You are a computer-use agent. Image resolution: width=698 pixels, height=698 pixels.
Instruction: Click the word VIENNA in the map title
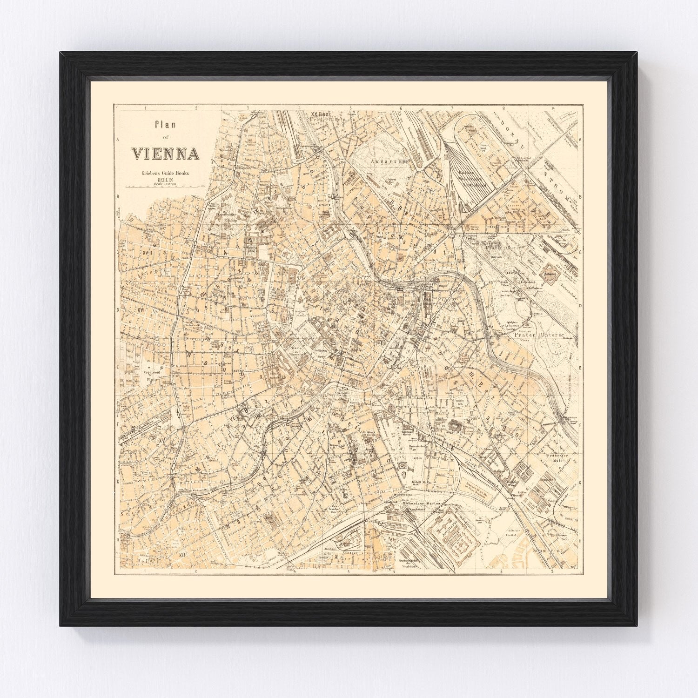pyautogui.click(x=166, y=154)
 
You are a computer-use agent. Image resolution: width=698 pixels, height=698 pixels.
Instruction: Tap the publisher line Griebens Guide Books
pyautogui.click(x=166, y=174)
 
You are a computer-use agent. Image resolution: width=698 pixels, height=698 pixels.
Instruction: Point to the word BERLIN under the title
pyautogui.click(x=165, y=180)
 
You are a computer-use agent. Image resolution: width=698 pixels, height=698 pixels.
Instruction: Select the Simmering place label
pyautogui.click(x=552, y=550)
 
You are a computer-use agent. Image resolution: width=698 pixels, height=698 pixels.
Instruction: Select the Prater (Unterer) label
pyautogui.click(x=539, y=335)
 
